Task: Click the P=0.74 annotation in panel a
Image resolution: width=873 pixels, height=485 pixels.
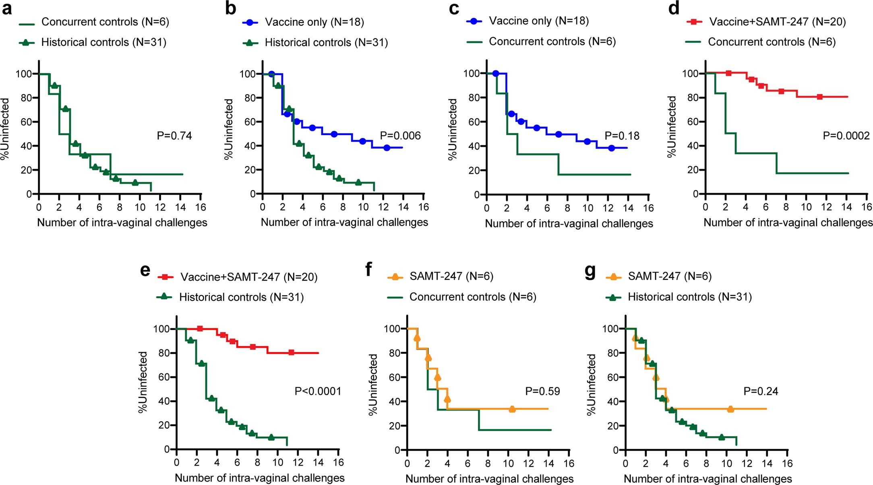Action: pos(174,136)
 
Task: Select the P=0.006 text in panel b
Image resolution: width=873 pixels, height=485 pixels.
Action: pos(400,136)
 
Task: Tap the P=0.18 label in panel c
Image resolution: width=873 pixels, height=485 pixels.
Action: pos(622,136)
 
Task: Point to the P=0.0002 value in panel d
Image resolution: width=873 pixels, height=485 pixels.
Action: pos(846,136)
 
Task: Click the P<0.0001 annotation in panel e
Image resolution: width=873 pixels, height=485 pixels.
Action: pos(318,391)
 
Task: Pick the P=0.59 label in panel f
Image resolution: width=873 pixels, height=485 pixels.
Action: pos(542,391)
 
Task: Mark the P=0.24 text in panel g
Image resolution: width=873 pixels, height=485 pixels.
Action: pos(761,391)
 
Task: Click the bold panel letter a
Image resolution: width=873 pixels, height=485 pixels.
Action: pos(7,8)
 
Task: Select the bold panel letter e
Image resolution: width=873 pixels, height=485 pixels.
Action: pos(145,270)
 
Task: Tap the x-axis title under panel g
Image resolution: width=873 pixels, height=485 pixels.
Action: pos(708,479)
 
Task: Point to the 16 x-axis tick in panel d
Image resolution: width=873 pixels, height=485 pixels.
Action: pos(866,207)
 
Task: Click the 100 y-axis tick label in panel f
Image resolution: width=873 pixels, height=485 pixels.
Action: pos(392,329)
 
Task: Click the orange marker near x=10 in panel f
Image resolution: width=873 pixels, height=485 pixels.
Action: pos(512,409)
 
